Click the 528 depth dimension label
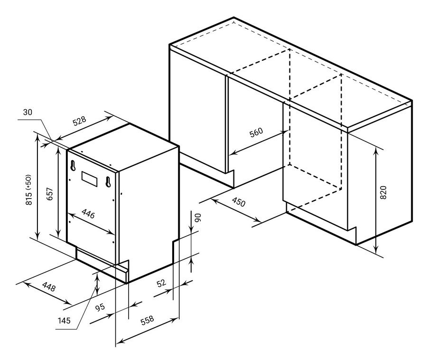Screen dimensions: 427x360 (79, 121)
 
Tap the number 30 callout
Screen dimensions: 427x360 (28, 112)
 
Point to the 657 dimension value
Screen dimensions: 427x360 (50, 194)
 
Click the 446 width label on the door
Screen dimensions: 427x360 (88, 214)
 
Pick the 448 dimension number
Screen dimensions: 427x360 (49, 286)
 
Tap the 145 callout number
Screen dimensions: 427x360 (64, 321)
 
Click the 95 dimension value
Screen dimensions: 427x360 (100, 307)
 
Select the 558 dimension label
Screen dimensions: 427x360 (147, 321)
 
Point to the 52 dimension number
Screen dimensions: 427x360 (161, 283)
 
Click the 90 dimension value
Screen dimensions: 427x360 (198, 218)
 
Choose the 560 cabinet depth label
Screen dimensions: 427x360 (256, 132)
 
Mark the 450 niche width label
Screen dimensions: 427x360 (239, 202)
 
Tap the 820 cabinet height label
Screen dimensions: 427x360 (383, 192)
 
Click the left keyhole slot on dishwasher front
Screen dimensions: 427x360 (73, 166)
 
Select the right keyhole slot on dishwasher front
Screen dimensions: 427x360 (108, 182)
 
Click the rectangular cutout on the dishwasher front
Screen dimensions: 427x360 (89, 179)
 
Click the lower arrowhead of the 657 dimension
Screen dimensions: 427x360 (58, 234)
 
